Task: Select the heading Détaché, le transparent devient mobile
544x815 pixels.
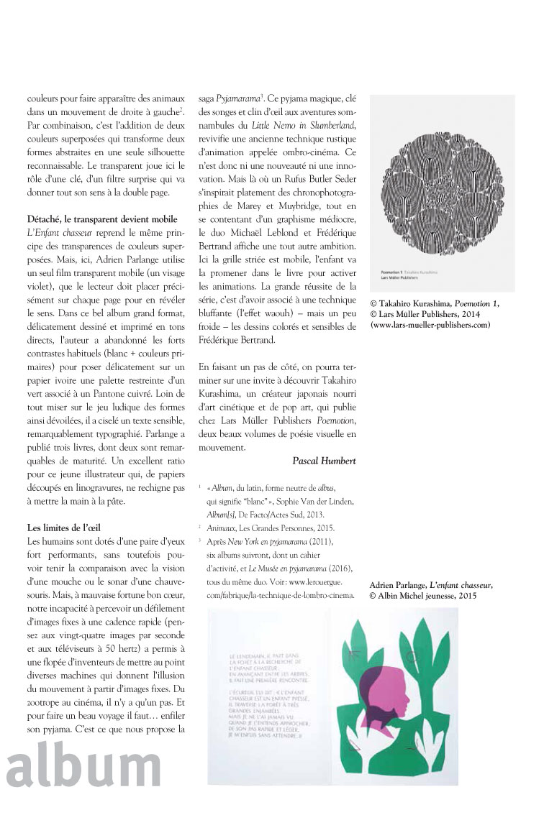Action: click(x=101, y=218)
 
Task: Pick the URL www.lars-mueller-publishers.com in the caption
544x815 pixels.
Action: click(x=430, y=325)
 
